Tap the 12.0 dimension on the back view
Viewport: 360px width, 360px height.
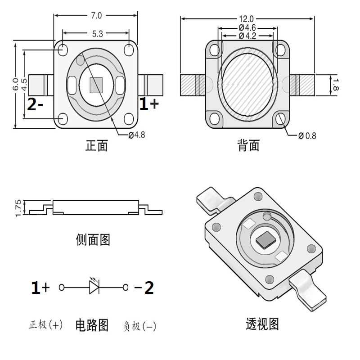click(247, 19)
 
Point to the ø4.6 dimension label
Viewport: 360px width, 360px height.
click(247, 28)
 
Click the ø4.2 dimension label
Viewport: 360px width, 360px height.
click(247, 36)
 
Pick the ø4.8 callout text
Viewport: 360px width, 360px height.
click(138, 135)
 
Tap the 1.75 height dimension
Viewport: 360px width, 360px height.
click(18, 208)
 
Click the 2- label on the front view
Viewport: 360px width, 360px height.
click(35, 104)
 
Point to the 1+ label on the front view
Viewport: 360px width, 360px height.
click(149, 104)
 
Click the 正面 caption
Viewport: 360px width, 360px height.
click(96, 146)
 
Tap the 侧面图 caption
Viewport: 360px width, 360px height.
click(93, 239)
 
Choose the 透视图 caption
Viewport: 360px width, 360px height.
click(262, 324)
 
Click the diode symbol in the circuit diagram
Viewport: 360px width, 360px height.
click(94, 287)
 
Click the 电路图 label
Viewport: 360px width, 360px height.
click(92, 325)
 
